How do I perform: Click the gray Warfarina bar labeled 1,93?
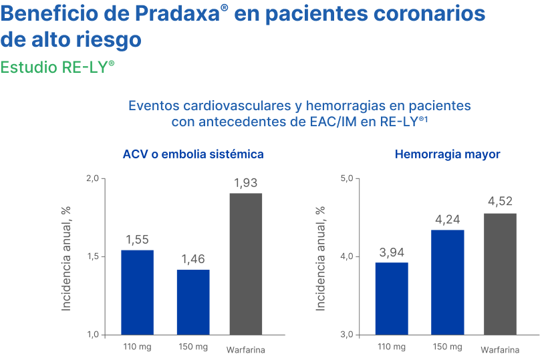pos(246,264)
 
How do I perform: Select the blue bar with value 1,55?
pos(137,292)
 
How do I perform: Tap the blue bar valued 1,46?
pos(193,302)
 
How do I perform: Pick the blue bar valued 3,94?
pos(392,298)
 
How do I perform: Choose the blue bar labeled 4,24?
pos(448,282)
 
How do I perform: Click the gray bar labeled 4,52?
pos(500,274)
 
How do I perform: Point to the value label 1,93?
pos(245,183)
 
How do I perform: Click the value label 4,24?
pos(447,219)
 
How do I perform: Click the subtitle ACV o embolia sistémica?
pos(192,154)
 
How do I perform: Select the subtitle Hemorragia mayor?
pos(448,154)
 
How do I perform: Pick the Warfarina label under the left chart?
pos(245,350)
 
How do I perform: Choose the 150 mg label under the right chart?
pos(446,347)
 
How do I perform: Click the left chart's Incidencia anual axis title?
pos(66,258)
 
